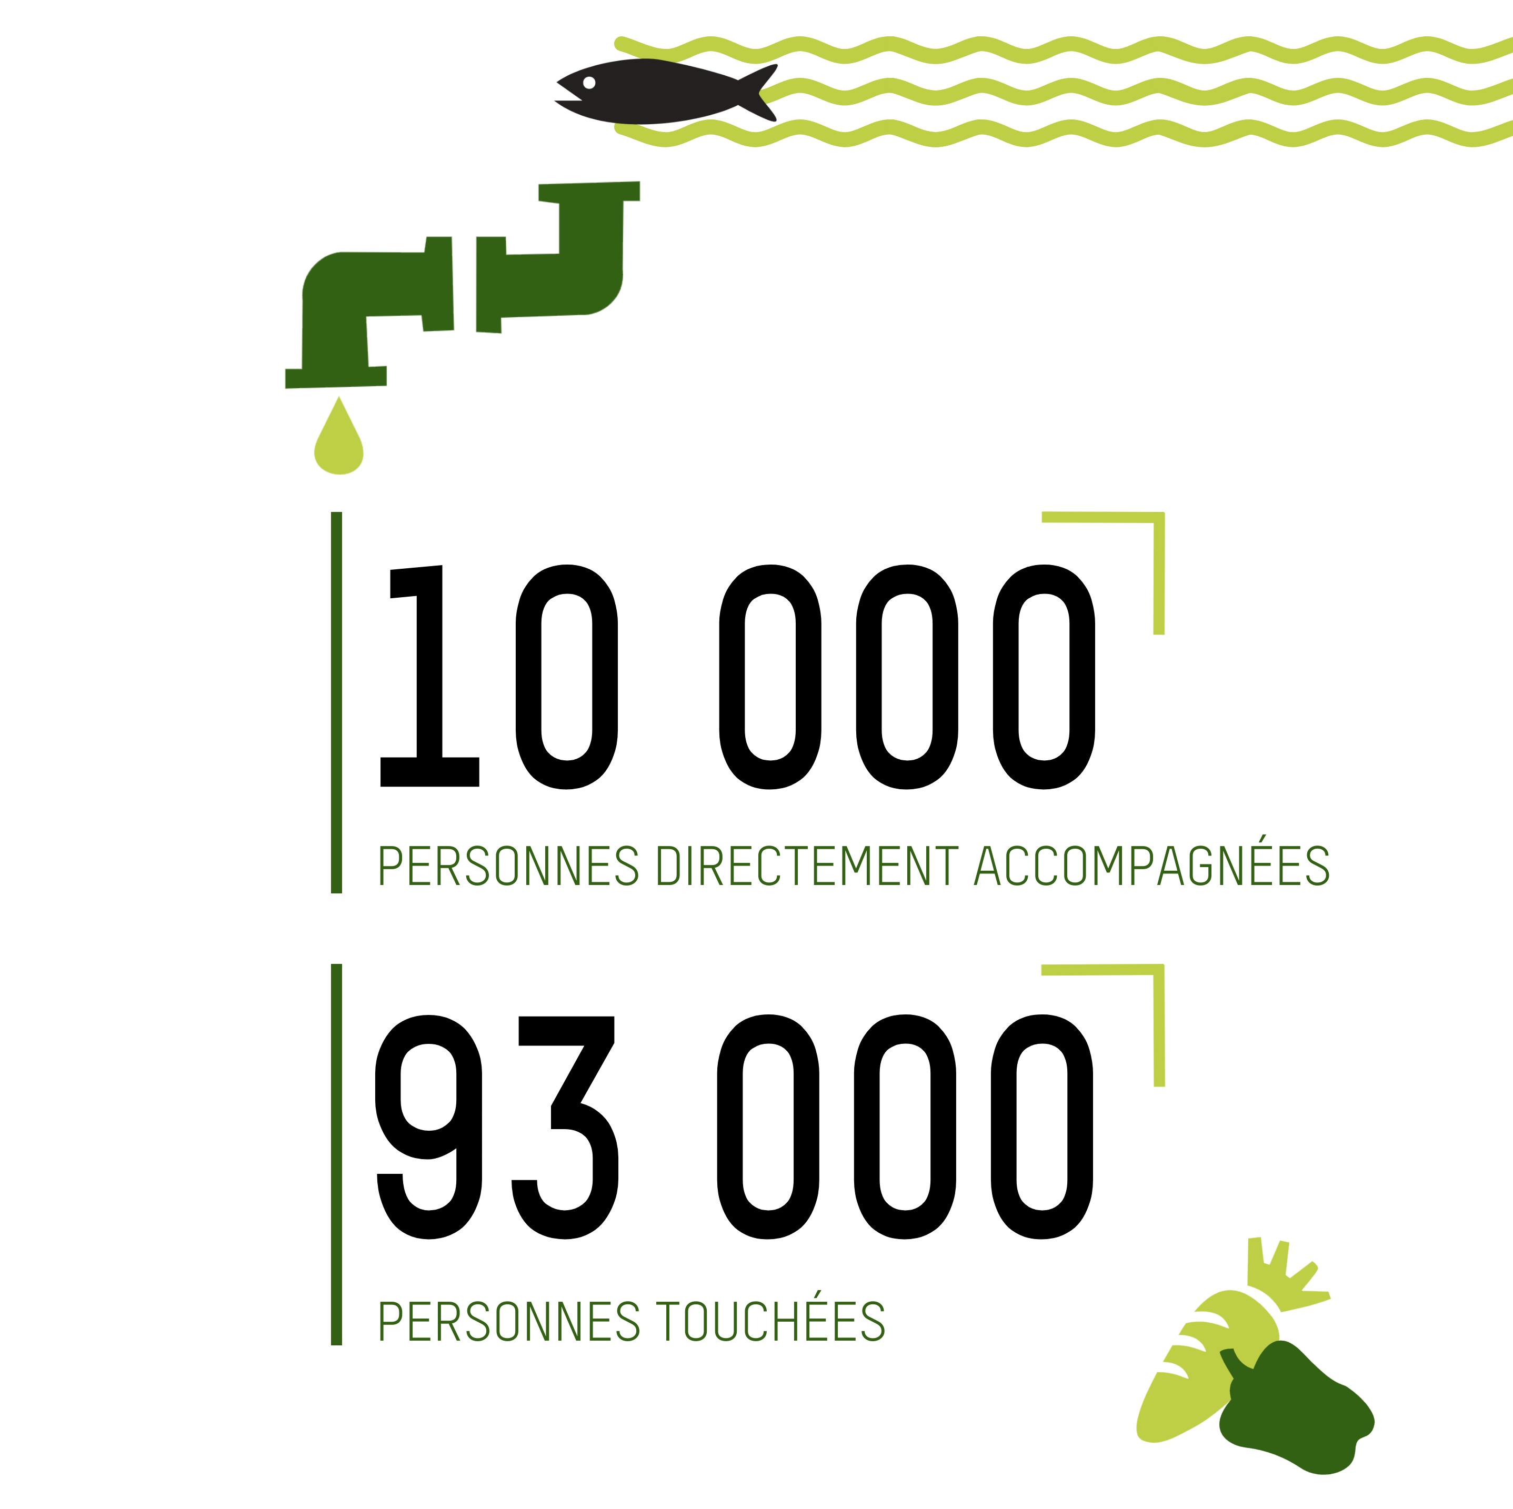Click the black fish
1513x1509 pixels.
point(658,93)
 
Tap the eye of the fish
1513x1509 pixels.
point(589,82)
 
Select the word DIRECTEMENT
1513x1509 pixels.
point(806,866)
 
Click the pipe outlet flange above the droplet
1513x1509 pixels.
point(335,377)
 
